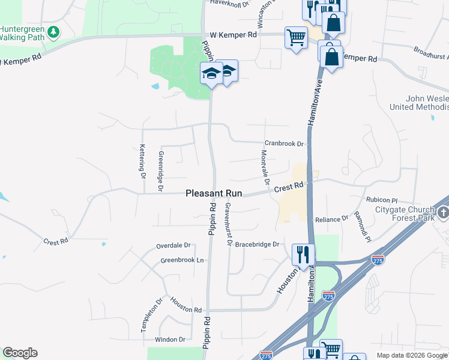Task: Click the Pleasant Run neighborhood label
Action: coord(214,194)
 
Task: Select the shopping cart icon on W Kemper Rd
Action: coord(296,38)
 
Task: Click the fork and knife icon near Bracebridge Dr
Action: coord(303,254)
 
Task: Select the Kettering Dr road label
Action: coord(142,161)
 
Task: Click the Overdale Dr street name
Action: coord(173,245)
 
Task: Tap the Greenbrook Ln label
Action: coord(182,260)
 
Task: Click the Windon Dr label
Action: coord(170,340)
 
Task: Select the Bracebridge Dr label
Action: coord(258,244)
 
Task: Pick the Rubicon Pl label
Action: coord(381,200)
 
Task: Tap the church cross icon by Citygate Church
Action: coord(442,213)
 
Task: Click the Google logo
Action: coord(20,353)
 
